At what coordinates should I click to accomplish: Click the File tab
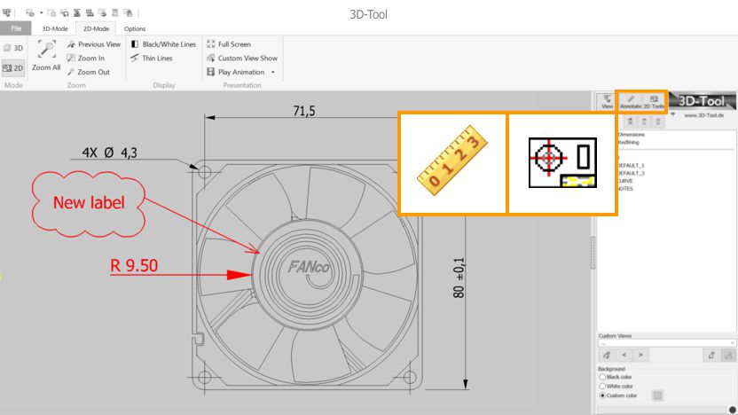pos(16,28)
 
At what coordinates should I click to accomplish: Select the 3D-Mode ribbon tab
pos(55,28)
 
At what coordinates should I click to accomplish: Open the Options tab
pos(135,28)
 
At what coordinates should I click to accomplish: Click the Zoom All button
pos(46,56)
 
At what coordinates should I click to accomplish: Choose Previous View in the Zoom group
pos(94,44)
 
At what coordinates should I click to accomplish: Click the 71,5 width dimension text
pos(304,111)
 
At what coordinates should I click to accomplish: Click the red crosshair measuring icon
pos(561,162)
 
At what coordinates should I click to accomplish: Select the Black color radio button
pos(604,377)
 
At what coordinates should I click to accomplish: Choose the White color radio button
pos(604,387)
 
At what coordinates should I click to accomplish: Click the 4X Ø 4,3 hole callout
pos(109,153)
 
